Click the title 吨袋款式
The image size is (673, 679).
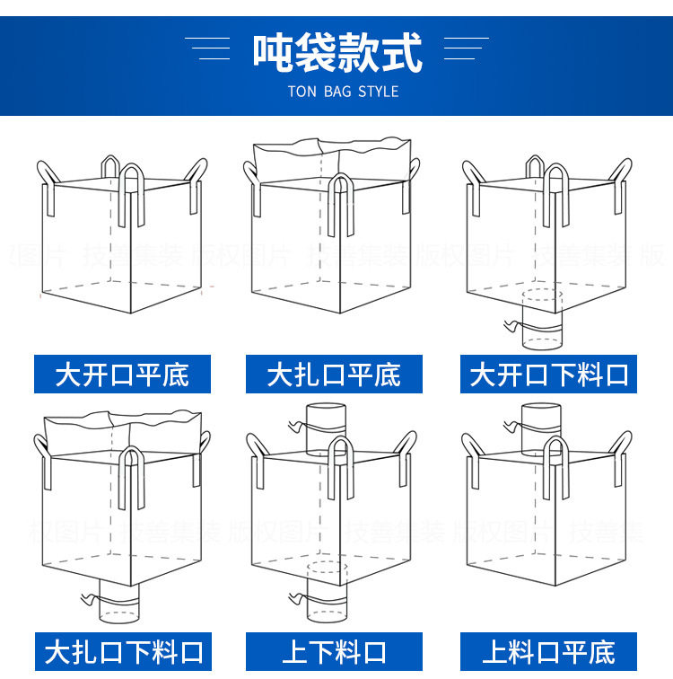pyautogui.click(x=336, y=52)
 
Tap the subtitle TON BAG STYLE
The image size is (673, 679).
pyautogui.click(x=343, y=92)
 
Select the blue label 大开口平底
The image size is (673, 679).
pyautogui.click(x=122, y=374)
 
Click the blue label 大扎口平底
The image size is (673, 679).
pyautogui.click(x=334, y=374)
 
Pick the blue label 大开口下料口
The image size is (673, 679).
pyautogui.click(x=549, y=374)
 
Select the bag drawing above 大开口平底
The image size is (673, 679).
pyautogui.click(x=122, y=237)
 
